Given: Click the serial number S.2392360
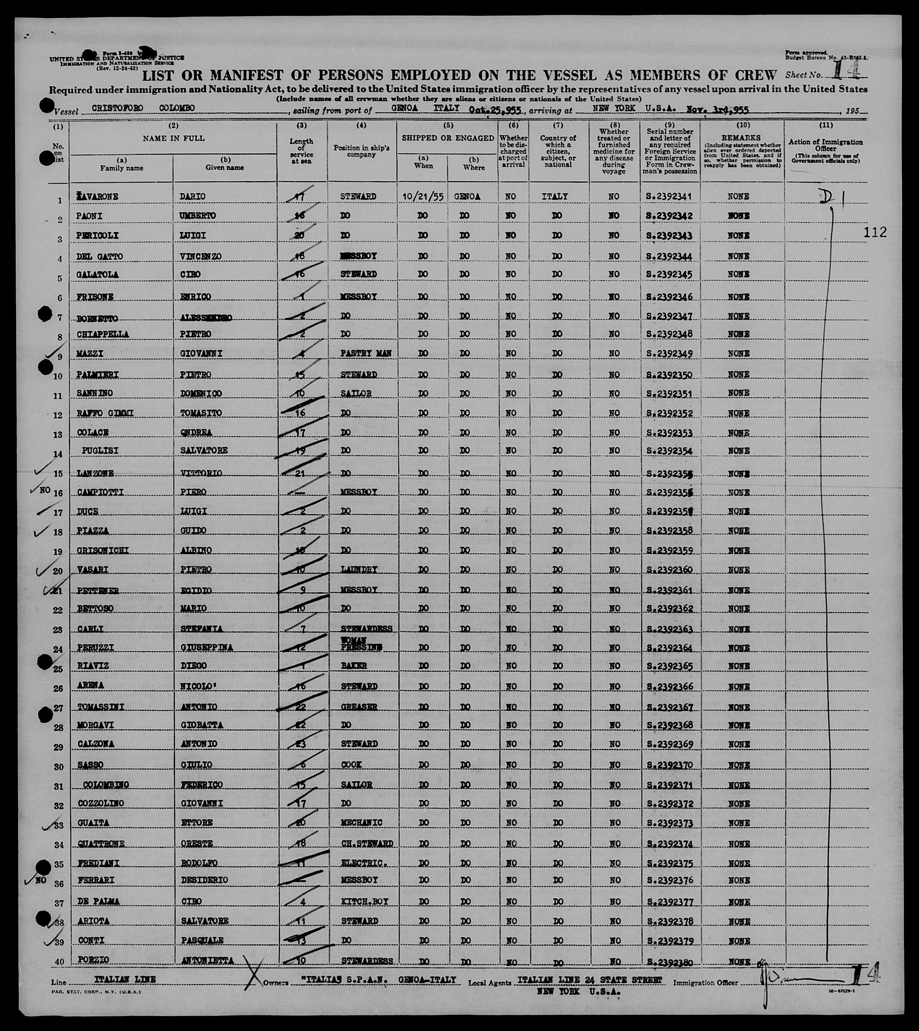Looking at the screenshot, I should [669, 570].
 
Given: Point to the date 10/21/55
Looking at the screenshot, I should [423, 197].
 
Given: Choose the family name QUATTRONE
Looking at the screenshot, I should [101, 844].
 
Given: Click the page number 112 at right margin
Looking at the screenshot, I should [875, 232].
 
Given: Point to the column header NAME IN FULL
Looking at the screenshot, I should [173, 138].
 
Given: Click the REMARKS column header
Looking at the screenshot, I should [743, 138].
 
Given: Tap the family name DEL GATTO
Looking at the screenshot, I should [100, 256].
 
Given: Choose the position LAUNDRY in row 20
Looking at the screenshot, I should [359, 570].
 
